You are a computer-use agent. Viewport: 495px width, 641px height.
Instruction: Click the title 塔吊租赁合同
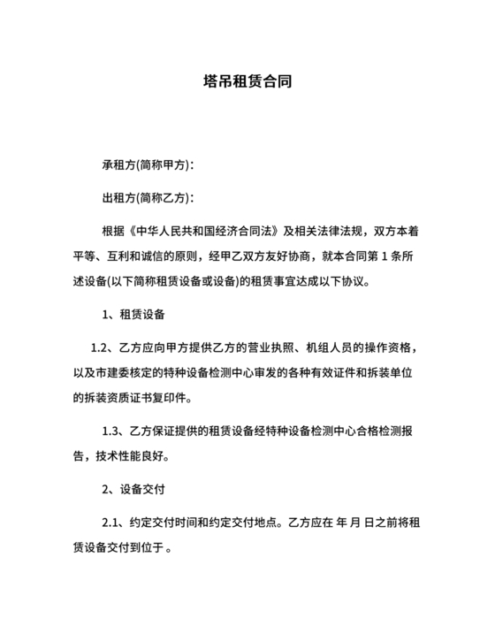247,82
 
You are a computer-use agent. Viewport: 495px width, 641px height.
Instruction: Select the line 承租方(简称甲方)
148,165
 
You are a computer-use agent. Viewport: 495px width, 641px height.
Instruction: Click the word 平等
86,256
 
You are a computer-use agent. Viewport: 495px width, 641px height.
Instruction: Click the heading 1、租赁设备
134,314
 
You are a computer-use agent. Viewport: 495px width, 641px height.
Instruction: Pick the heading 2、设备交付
134,488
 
